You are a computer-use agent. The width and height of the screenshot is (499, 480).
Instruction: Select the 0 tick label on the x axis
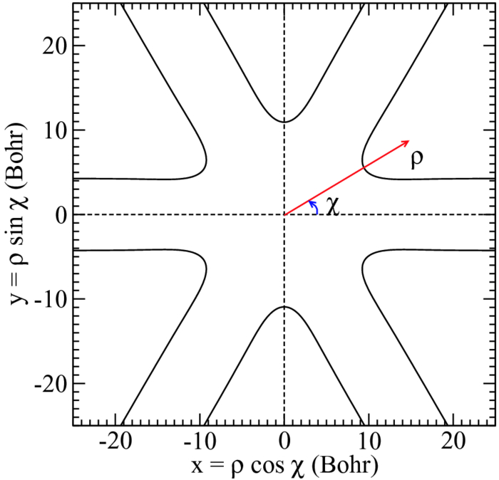pyautogui.click(x=285, y=442)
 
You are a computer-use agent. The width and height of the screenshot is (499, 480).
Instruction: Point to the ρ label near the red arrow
pyautogui.click(x=417, y=158)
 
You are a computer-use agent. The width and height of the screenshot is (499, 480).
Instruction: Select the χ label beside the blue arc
pyautogui.click(x=331, y=207)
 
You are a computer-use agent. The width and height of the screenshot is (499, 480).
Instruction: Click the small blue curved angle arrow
pyautogui.click(x=314, y=207)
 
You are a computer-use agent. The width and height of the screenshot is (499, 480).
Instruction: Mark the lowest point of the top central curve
pyautogui.click(x=284, y=122)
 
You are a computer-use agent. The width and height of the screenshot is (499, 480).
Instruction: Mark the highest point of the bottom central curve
pyautogui.click(x=284, y=307)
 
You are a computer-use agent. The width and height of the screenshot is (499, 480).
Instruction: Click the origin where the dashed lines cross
pyautogui.click(x=284, y=214)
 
